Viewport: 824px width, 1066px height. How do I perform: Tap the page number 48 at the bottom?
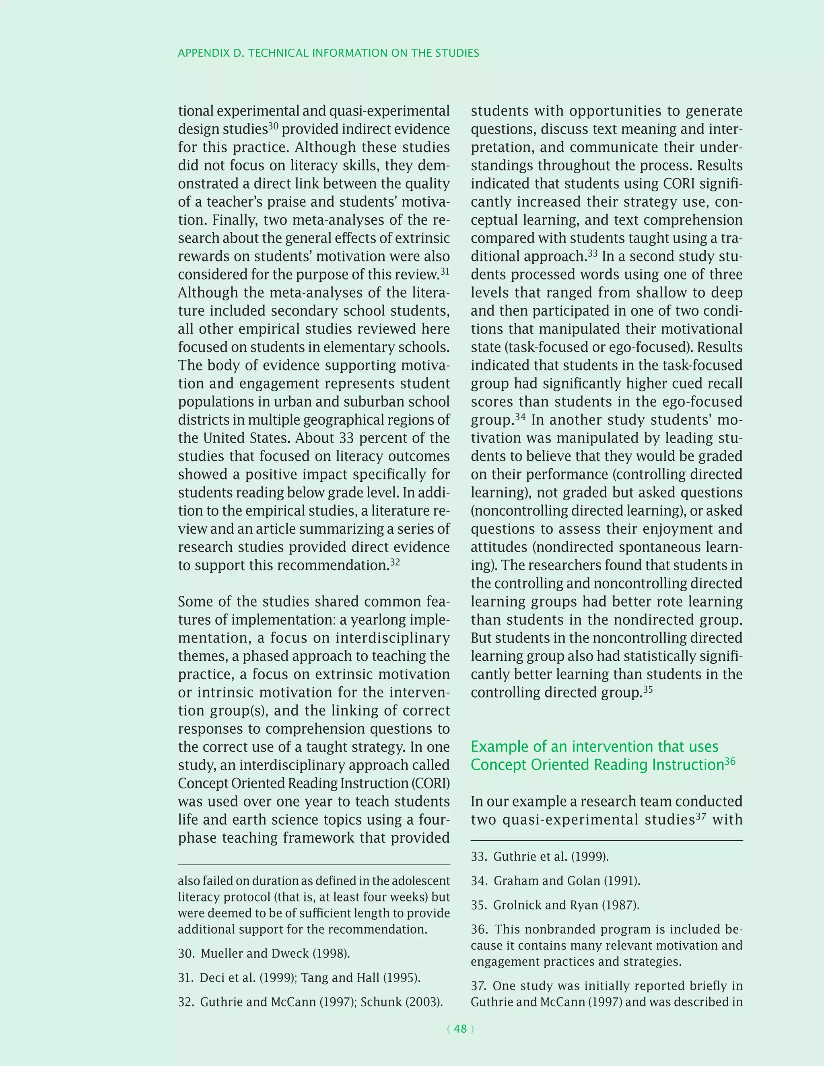tap(460, 1029)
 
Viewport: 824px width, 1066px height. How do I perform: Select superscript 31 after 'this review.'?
tap(444, 271)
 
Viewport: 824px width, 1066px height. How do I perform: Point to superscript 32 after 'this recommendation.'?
tap(395, 562)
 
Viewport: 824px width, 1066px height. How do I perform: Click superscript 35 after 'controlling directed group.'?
tap(647, 689)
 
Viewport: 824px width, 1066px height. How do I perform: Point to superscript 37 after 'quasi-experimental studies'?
tap(700, 816)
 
